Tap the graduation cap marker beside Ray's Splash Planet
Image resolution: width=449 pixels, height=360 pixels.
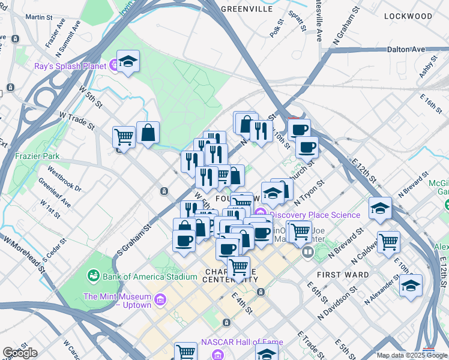(x=128, y=62)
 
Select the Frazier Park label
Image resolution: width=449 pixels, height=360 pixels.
(x=38, y=156)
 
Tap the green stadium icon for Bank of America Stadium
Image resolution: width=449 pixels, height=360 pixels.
(x=94, y=276)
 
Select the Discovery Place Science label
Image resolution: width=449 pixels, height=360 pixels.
(x=315, y=215)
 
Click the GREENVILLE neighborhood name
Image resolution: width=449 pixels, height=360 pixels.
(x=247, y=9)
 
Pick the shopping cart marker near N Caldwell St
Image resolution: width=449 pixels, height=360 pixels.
(x=389, y=242)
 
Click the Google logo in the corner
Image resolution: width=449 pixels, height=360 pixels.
(x=20, y=353)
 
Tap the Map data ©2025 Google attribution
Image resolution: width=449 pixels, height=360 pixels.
(x=412, y=355)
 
